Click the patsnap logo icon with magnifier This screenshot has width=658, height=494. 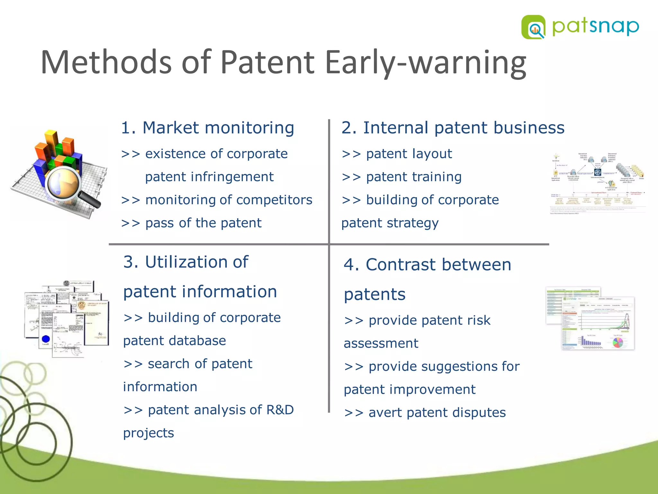point(533,27)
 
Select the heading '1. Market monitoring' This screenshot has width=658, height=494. point(207,128)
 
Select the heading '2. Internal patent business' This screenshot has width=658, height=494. point(452,128)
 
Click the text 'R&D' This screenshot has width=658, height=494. point(280,410)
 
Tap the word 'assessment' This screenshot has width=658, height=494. point(381,343)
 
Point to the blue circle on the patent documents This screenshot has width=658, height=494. point(46,339)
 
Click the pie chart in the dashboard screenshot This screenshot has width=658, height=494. point(618,342)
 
